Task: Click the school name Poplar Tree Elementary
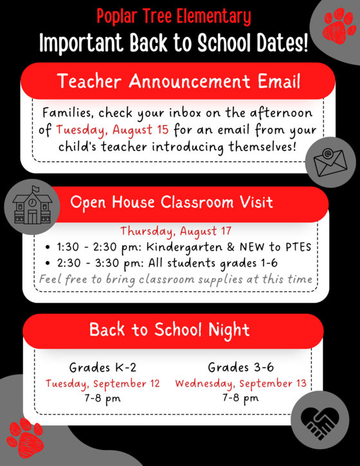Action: (x=174, y=15)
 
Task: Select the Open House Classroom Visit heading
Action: (x=172, y=202)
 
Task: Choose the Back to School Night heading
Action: (x=169, y=330)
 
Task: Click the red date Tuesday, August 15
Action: (x=113, y=129)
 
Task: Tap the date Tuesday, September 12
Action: (x=103, y=384)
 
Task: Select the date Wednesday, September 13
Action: (x=240, y=384)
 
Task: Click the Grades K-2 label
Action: (x=103, y=368)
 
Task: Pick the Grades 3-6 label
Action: (x=240, y=368)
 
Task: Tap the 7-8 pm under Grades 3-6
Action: (x=240, y=399)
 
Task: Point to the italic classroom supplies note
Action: (x=175, y=279)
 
